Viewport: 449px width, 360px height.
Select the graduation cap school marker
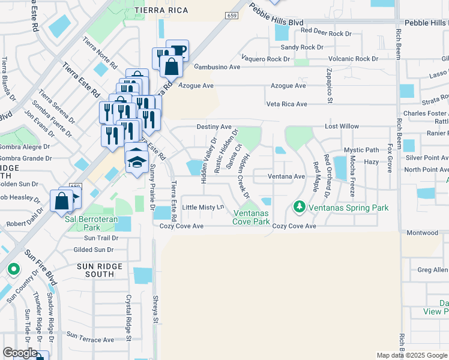(137, 161)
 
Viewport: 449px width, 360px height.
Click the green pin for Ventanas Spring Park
(299, 207)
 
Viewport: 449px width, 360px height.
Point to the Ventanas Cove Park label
(252, 217)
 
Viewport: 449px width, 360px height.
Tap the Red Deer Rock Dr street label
(326, 34)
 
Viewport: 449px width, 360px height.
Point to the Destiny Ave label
(214, 127)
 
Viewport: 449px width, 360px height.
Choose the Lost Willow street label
(342, 127)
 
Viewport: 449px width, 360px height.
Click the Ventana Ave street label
(286, 176)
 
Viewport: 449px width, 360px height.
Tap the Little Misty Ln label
(203, 207)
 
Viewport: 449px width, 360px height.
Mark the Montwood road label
(423, 233)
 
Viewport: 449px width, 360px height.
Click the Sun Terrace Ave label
(90, 340)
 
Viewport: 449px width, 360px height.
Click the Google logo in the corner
(20, 353)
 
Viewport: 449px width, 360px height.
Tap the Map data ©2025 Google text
(412, 355)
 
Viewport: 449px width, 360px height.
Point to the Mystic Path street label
(361, 150)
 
